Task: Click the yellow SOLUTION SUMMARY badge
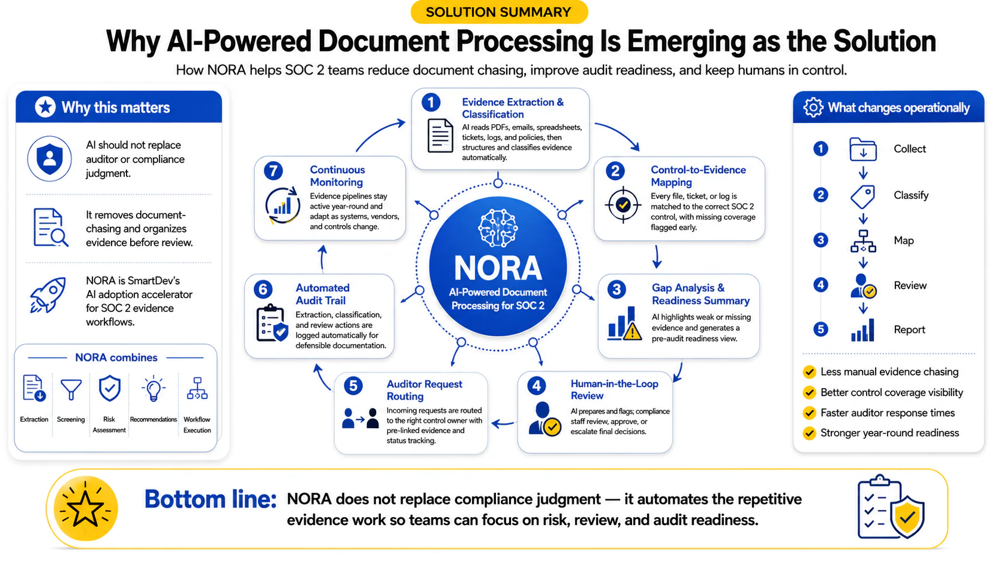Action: (499, 12)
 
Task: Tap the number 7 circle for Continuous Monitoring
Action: (273, 171)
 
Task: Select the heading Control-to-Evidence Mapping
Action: (698, 176)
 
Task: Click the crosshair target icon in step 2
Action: (623, 205)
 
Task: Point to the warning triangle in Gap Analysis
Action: (632, 332)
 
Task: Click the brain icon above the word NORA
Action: (498, 228)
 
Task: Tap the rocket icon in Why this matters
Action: (48, 294)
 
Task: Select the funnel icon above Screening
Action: (71, 389)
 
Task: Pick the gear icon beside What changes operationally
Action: (813, 108)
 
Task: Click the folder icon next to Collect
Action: (863, 149)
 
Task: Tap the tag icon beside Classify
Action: (863, 196)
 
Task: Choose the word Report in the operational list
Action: (909, 330)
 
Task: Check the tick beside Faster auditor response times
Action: (809, 413)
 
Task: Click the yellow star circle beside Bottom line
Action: (85, 508)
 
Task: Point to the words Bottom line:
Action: (210, 499)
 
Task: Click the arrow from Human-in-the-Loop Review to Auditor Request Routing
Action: (503, 423)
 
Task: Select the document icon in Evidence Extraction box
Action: (440, 136)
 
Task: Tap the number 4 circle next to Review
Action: (820, 285)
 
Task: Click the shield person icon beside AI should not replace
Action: (50, 159)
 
